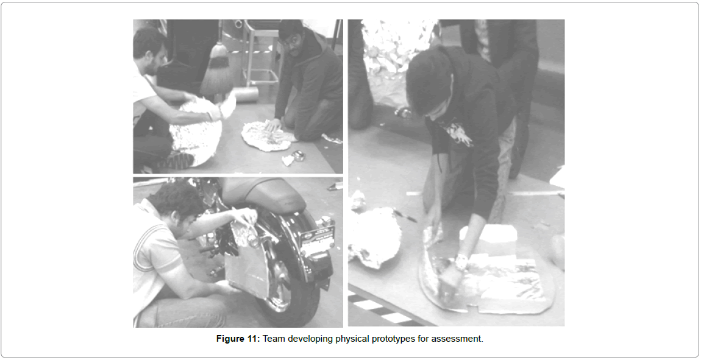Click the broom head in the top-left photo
point(216,74)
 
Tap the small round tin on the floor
point(297,155)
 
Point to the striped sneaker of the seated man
point(178,160)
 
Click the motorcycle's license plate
point(318,239)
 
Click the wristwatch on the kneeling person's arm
point(461,261)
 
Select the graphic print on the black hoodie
point(457,133)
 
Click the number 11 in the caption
point(252,339)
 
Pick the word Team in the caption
point(274,339)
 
